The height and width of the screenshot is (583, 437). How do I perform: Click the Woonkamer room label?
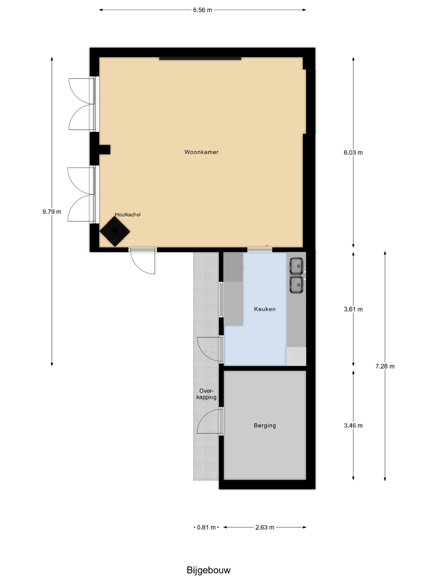tap(201, 152)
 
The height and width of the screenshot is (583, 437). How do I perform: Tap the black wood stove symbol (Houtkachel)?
tap(115, 231)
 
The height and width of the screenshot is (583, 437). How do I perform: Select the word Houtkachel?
tap(127, 215)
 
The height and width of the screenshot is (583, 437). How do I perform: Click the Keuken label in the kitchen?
tap(264, 309)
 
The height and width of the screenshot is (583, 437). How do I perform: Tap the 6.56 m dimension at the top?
tap(202, 10)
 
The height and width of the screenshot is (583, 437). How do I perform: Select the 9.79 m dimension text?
tap(52, 212)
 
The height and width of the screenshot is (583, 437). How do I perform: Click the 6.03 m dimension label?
tap(353, 152)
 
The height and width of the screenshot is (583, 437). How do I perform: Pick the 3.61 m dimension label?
tap(353, 309)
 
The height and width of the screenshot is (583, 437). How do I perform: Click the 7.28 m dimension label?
tap(385, 366)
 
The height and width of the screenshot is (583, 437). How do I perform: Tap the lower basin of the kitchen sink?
tap(296, 285)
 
